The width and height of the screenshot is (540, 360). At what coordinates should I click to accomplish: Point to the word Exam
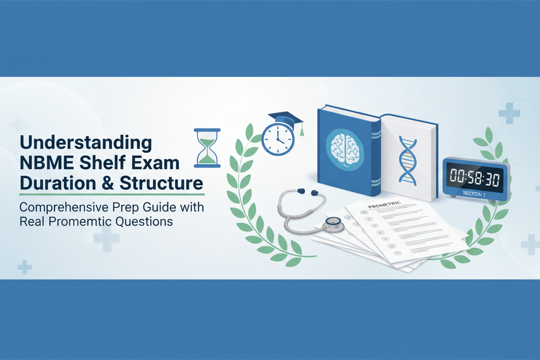(x=158, y=164)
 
